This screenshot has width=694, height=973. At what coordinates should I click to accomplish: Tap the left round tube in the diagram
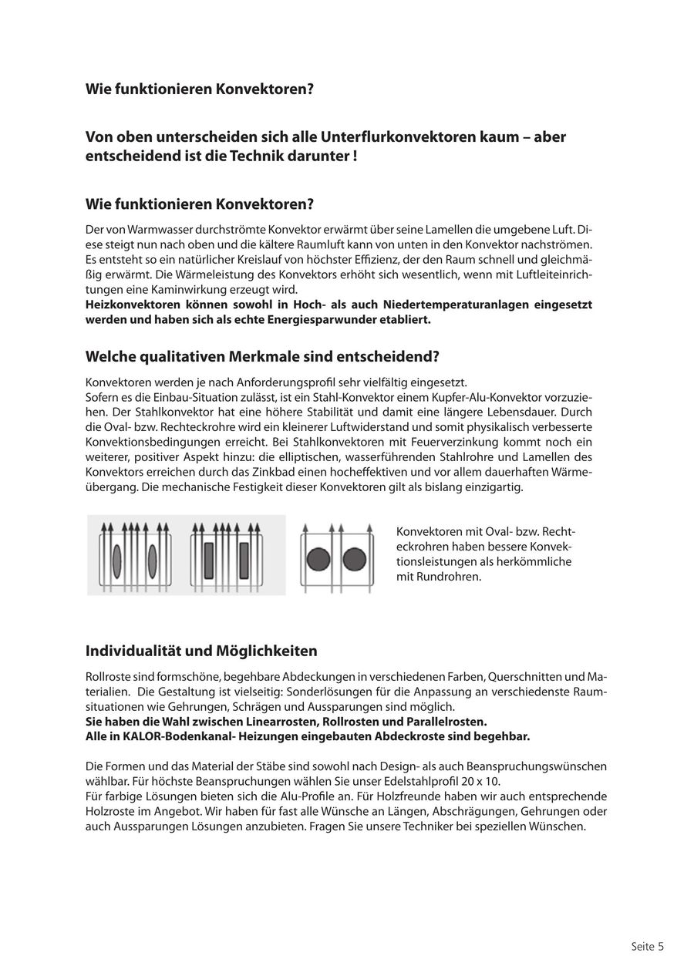coord(318,559)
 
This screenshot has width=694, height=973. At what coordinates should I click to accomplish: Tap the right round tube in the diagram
coord(354,559)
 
